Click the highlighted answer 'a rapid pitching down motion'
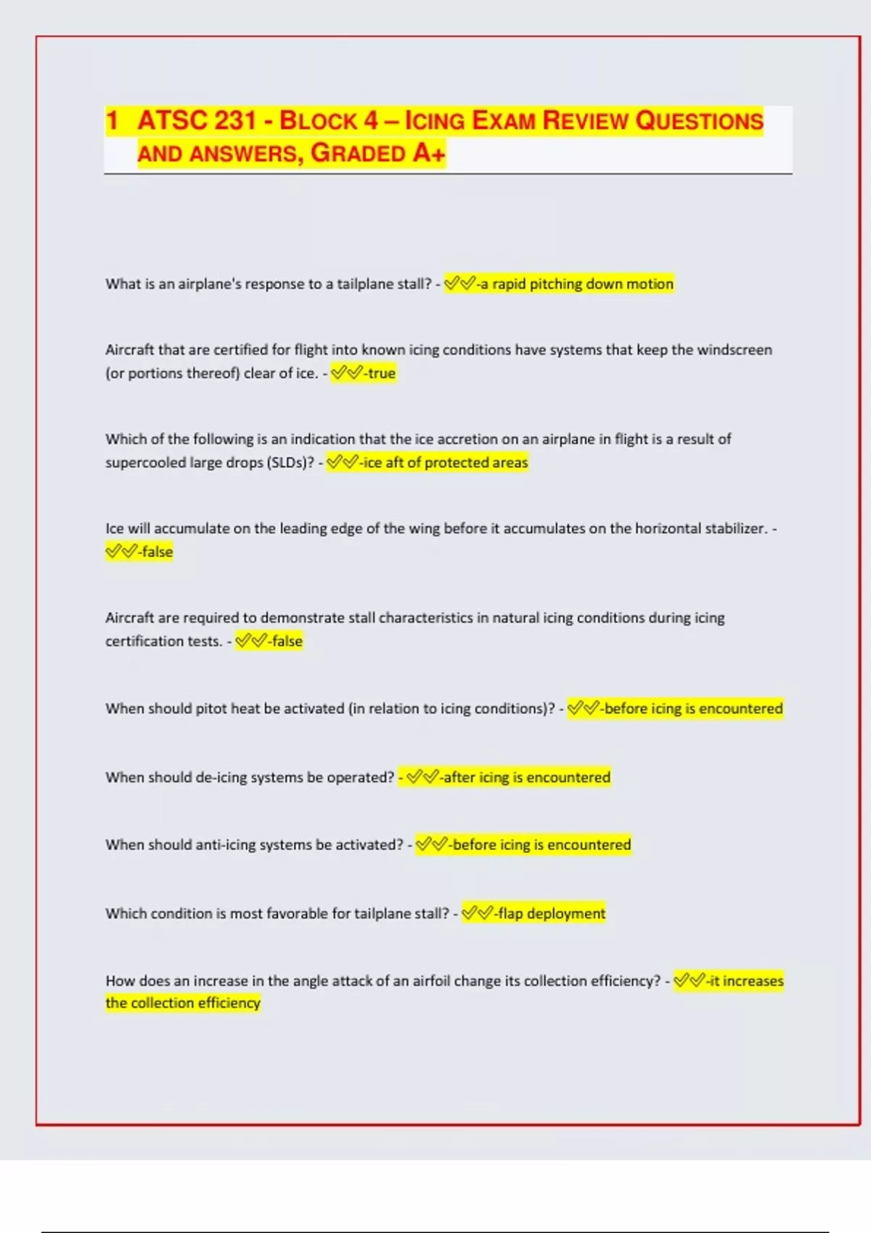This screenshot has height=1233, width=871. tap(576, 284)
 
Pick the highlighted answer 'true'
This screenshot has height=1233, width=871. tap(380, 374)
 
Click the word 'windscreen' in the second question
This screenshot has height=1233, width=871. tap(734, 350)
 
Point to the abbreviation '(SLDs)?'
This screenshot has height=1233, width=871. tap(290, 463)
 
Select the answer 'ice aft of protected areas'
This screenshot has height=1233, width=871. tap(445, 463)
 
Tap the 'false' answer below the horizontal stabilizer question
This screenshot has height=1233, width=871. tap(157, 552)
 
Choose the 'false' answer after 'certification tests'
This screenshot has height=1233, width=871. tap(287, 641)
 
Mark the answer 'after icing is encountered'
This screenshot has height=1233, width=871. tap(526, 778)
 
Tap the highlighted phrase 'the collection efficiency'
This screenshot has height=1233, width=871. tap(182, 1003)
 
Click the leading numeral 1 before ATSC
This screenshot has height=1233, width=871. tap(112, 120)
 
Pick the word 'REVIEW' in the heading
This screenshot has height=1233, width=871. tap(586, 120)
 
